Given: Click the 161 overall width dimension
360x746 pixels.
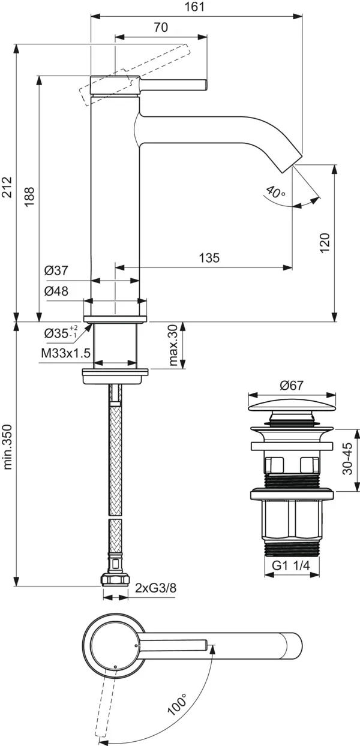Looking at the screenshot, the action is click(x=194, y=7).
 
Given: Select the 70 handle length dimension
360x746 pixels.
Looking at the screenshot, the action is click(x=161, y=28).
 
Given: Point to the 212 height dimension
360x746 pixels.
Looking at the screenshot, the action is click(x=7, y=187).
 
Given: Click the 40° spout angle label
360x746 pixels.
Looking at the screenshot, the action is click(x=275, y=192).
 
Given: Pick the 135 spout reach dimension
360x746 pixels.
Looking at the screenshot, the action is click(x=209, y=257).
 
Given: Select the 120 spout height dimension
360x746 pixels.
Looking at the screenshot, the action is click(x=325, y=243).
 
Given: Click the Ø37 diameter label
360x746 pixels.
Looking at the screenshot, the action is click(x=56, y=270).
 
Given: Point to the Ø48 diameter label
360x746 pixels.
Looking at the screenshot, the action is click(x=56, y=291).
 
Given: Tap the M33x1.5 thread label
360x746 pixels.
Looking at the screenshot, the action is click(x=65, y=353).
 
